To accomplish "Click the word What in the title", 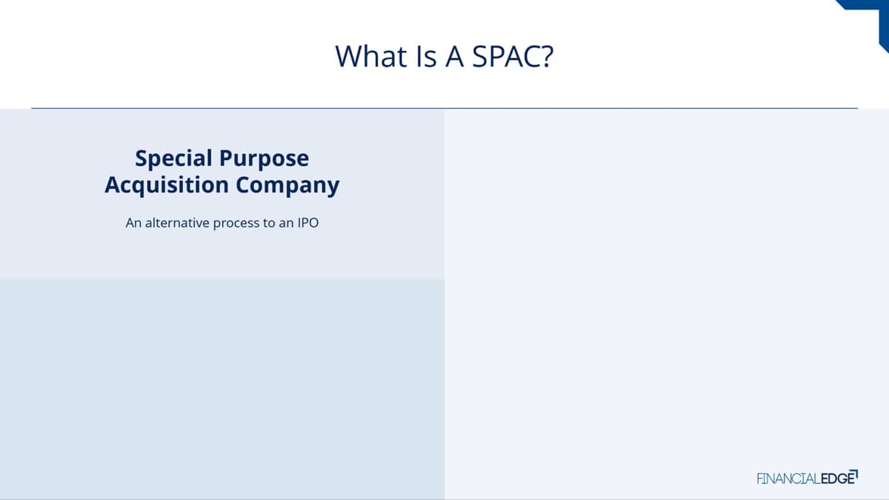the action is click(371, 56).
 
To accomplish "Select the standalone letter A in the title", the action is click(454, 56).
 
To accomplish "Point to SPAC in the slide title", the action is click(507, 56).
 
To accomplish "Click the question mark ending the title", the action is click(547, 56).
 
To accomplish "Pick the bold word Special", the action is click(174, 159).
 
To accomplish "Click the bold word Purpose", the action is click(264, 159).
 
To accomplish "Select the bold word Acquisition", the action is click(167, 185).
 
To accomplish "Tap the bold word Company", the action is click(287, 186).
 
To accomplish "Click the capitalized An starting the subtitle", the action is click(134, 223).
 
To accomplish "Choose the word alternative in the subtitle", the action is click(177, 223).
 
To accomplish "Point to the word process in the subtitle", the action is click(236, 224).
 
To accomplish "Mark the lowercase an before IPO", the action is click(286, 224).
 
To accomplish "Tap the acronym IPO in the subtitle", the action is click(308, 223).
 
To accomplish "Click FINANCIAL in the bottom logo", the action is click(788, 479).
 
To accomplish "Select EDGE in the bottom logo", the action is click(837, 479).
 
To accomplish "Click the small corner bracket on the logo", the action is click(855, 474).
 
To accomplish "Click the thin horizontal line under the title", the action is click(444, 108).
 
